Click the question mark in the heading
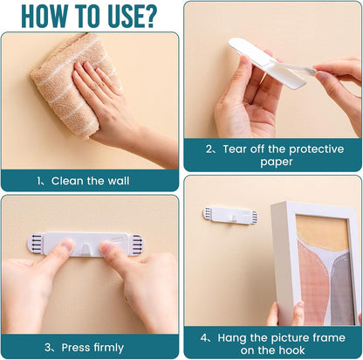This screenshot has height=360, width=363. (x=148, y=17)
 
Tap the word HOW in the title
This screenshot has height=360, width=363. (x=45, y=17)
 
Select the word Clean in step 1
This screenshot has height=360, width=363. (x=67, y=181)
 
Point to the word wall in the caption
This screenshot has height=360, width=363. (x=119, y=181)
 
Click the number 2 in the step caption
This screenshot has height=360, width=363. (x=209, y=149)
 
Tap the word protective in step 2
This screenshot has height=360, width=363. (x=316, y=149)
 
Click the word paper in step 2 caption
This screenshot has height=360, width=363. (x=277, y=162)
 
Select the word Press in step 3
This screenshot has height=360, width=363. (x=76, y=348)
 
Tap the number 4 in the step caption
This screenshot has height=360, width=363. (x=204, y=338)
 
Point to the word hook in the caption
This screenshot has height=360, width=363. (x=293, y=350)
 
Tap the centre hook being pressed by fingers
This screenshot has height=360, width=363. (x=86, y=250)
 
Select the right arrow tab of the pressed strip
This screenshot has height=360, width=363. (x=137, y=244)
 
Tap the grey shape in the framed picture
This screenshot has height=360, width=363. (x=342, y=288)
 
